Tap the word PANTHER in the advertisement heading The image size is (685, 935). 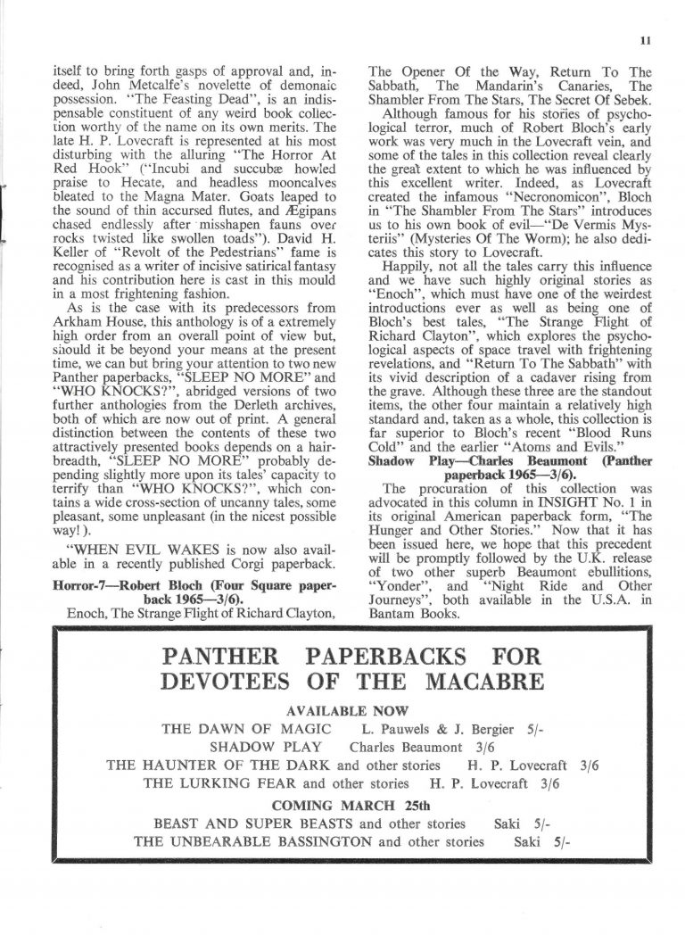coord(224,660)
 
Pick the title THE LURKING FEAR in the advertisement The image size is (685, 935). coord(219,785)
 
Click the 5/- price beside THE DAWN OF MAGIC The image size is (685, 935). coord(531,730)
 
